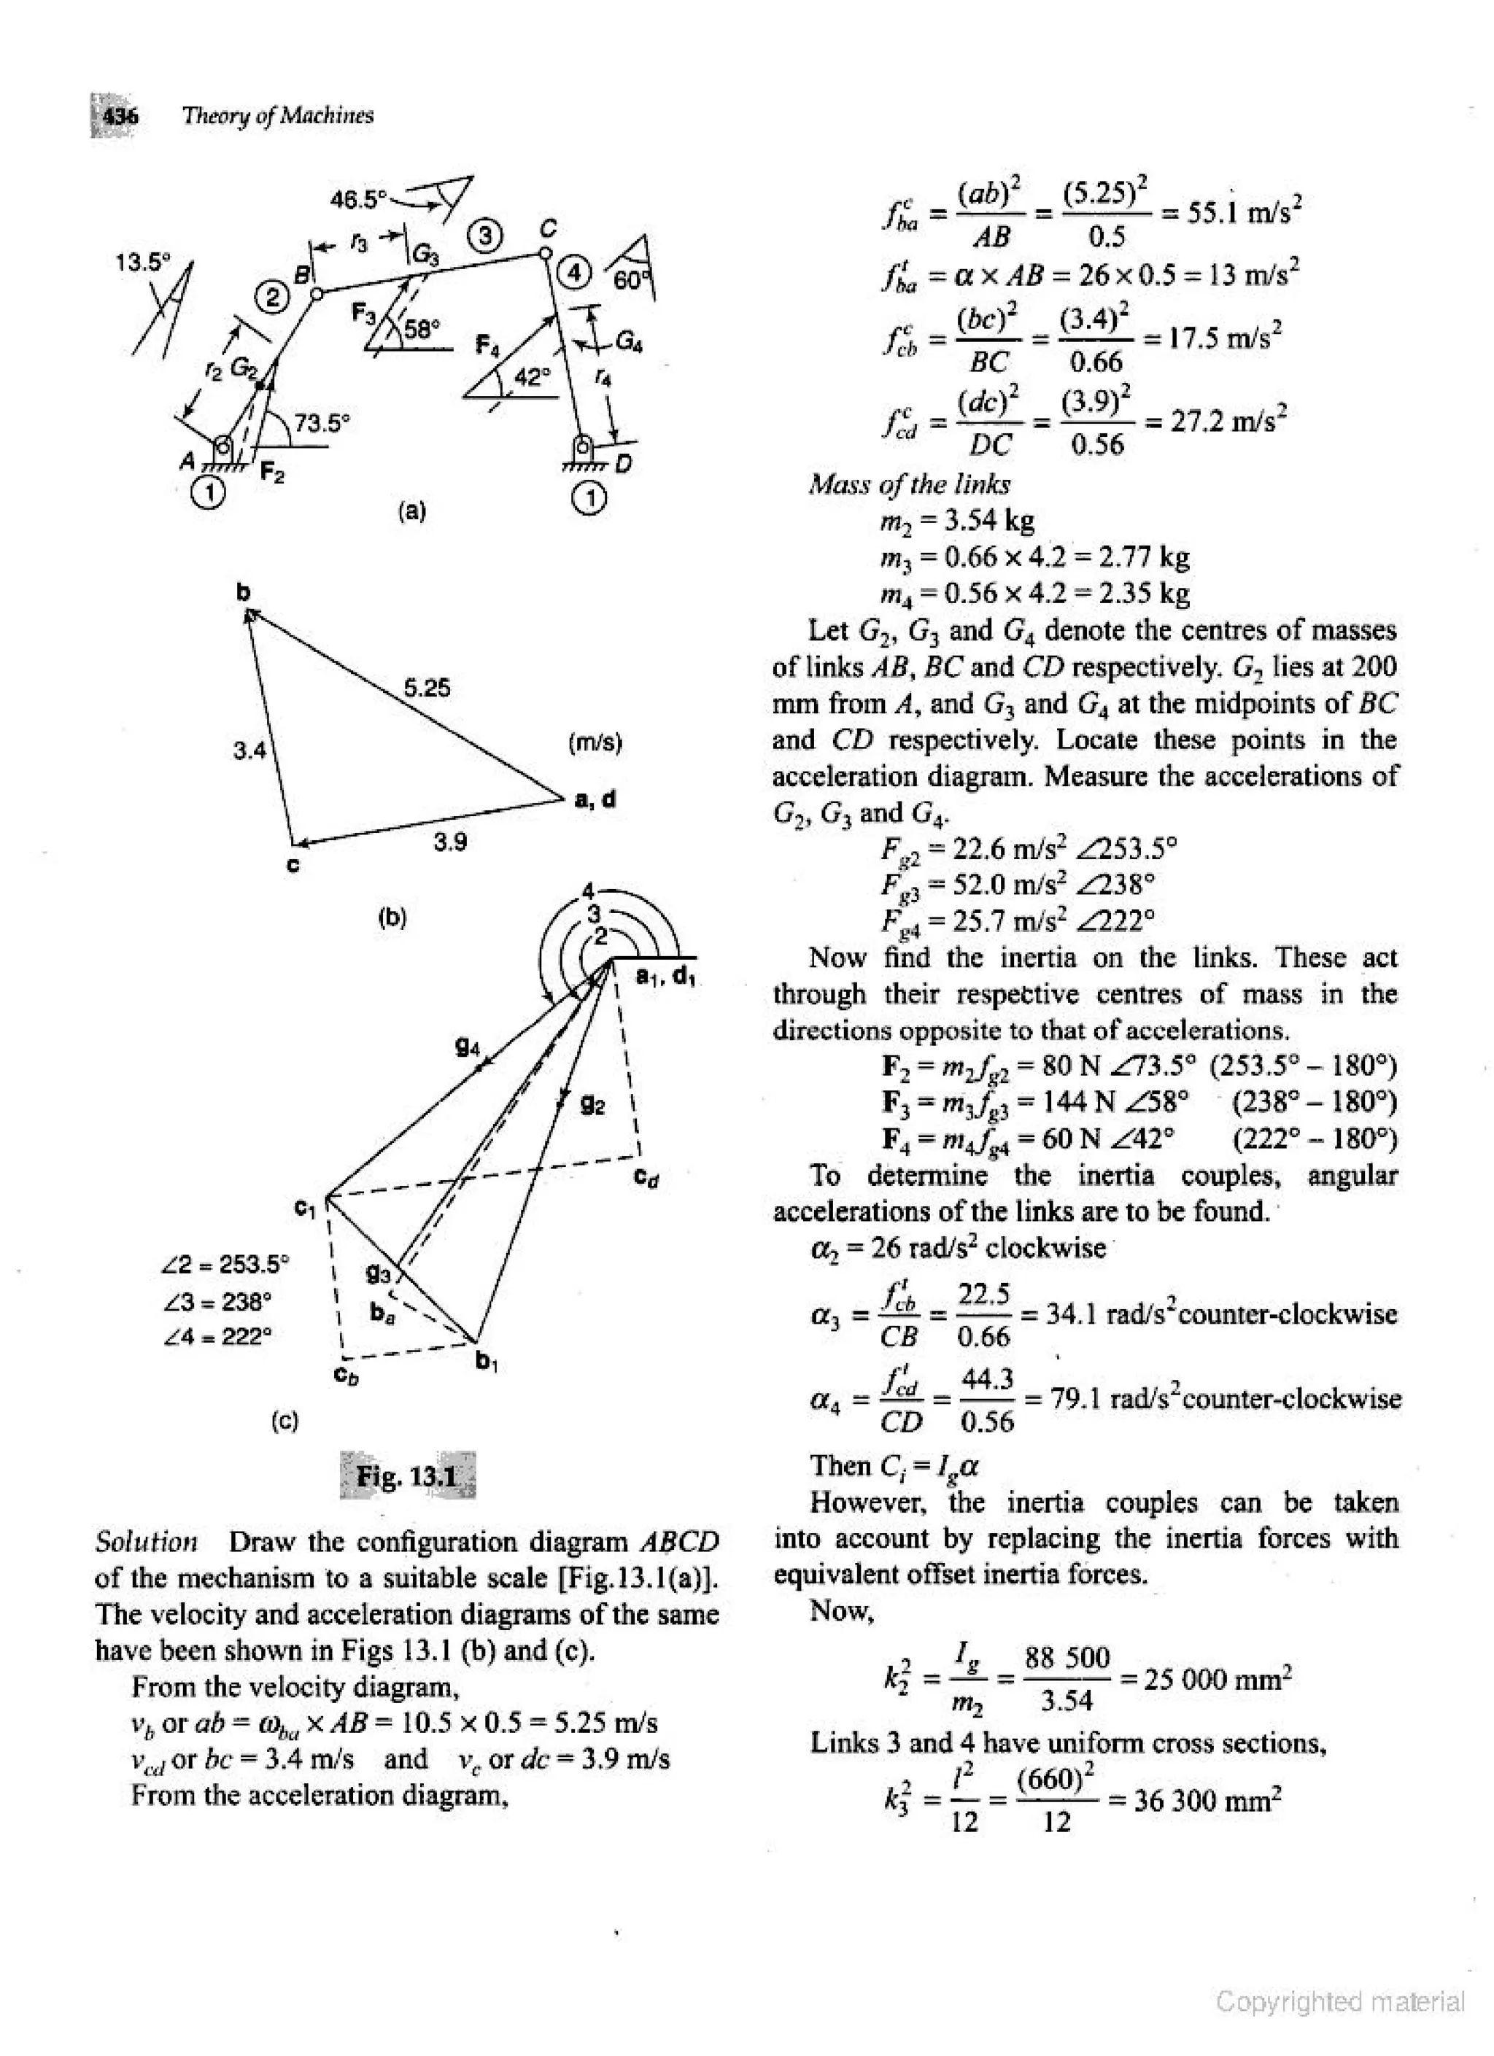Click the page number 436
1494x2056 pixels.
pyautogui.click(x=120, y=116)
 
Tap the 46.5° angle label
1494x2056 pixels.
pyautogui.click(x=359, y=198)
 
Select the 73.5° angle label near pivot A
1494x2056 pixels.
pyautogui.click(x=322, y=422)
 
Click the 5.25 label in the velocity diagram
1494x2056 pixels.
pyautogui.click(x=426, y=687)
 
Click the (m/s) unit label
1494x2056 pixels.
pyautogui.click(x=595, y=743)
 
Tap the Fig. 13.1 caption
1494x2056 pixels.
pyautogui.click(x=407, y=1477)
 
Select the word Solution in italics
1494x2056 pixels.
pyautogui.click(x=146, y=1542)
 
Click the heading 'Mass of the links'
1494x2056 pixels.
pyautogui.click(x=909, y=485)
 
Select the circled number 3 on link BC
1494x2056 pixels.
pyautogui.click(x=485, y=236)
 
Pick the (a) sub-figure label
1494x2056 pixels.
pyautogui.click(x=411, y=511)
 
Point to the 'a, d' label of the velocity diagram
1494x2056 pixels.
pyautogui.click(x=595, y=799)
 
